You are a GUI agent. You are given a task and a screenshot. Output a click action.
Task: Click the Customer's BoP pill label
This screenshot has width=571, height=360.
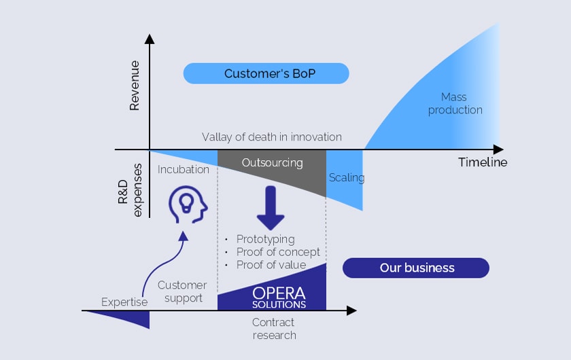[x=266, y=73]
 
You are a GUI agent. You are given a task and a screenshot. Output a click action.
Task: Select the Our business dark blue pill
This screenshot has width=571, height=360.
[x=416, y=268]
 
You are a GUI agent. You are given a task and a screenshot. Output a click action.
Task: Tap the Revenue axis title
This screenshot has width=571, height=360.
[x=134, y=85]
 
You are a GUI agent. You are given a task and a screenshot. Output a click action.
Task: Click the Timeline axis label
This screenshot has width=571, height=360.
[x=482, y=162]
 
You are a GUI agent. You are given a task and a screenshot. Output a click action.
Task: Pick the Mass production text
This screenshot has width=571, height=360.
[x=455, y=103]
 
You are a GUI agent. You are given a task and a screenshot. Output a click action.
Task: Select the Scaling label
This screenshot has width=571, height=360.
[x=347, y=178]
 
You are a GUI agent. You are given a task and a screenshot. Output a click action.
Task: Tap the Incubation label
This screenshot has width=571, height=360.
[x=183, y=169]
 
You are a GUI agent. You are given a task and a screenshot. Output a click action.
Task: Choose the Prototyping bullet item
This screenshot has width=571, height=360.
[x=265, y=239]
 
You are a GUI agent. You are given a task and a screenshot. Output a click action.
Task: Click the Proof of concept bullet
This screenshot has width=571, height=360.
[x=277, y=252]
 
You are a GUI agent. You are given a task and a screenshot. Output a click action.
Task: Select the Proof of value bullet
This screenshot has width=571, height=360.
[x=271, y=265]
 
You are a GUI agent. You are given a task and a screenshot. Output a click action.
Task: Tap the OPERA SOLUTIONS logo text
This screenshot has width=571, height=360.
[x=279, y=297]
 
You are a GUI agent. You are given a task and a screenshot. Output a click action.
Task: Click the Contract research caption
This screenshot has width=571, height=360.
[x=274, y=328]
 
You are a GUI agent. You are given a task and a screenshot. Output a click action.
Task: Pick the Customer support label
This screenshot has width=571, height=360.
[x=182, y=291]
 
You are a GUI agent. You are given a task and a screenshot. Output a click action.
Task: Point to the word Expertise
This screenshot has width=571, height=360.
[x=124, y=302]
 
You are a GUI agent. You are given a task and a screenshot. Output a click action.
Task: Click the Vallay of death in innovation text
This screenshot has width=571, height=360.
[x=271, y=137]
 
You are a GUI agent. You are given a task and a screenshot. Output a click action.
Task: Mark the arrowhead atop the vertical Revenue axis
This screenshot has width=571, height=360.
[x=150, y=39]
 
